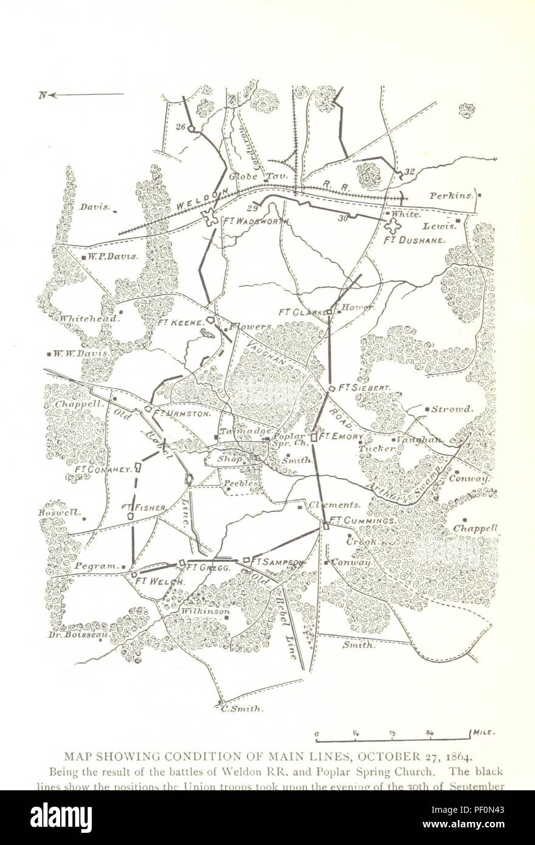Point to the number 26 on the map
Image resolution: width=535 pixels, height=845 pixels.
tap(179, 126)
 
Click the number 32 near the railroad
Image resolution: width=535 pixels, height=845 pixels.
tap(409, 171)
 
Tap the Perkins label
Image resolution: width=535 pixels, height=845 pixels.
tap(450, 196)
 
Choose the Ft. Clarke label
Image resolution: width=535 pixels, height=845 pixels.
tap(302, 312)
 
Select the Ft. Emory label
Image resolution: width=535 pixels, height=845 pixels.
tap(341, 436)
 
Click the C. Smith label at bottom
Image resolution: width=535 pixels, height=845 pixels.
tap(242, 709)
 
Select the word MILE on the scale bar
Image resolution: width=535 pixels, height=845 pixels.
tap(485, 733)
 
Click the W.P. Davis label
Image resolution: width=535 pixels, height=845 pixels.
tap(113, 257)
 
